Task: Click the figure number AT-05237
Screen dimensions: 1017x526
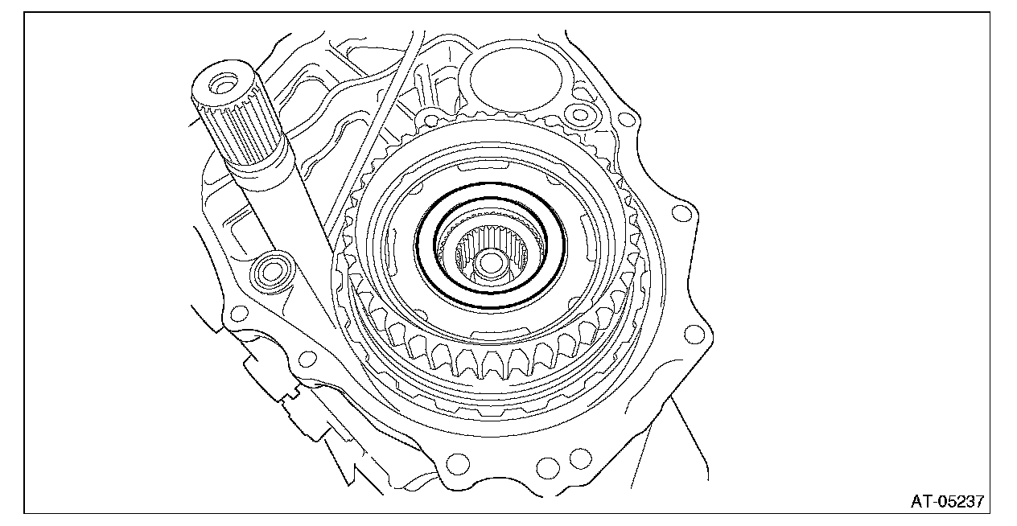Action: click(x=947, y=502)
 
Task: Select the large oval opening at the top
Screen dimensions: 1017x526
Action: click(x=516, y=80)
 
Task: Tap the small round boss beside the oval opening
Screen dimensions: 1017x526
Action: click(x=580, y=114)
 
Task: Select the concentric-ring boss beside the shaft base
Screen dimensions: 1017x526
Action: click(x=271, y=273)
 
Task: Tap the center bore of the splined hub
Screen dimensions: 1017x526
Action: click(x=490, y=263)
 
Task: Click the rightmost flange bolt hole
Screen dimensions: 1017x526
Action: click(x=694, y=335)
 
